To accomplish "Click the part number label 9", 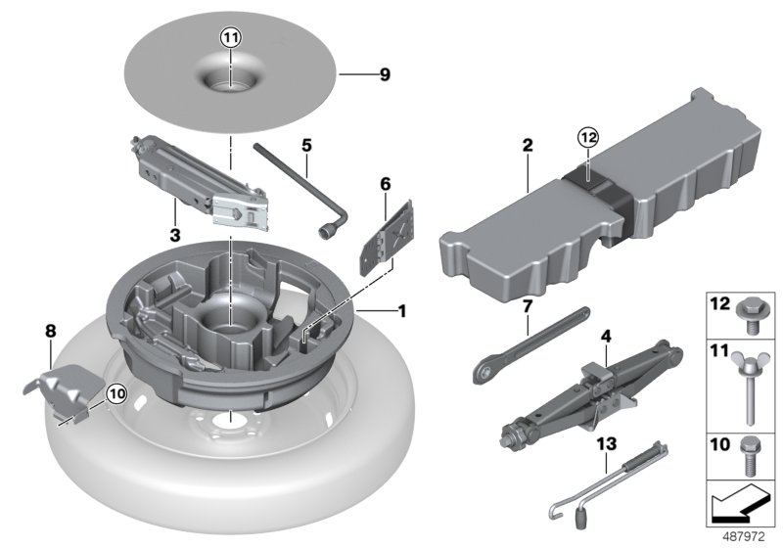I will coord(384,74).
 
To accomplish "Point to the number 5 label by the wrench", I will coord(306,145).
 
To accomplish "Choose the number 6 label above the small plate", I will coord(385,183).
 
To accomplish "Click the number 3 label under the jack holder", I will coord(175,236).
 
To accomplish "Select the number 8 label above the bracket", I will coord(51,332).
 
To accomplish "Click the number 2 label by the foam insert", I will coord(528,146).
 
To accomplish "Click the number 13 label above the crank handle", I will coord(608,442).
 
